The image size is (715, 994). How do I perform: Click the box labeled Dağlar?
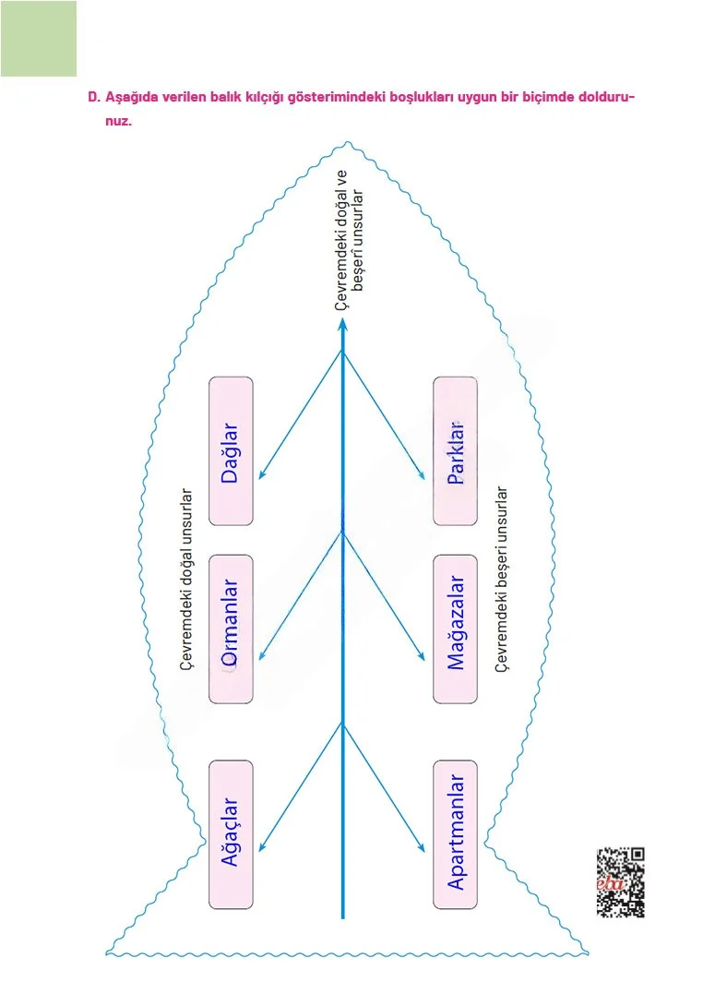231,451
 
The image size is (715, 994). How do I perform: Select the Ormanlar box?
231,629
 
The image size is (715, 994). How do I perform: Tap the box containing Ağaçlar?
231,834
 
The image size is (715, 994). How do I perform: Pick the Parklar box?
455,451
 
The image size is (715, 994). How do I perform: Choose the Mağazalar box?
455,629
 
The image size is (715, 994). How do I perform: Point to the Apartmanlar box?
455,834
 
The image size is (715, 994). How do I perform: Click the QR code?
621,882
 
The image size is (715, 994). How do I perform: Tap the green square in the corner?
39,39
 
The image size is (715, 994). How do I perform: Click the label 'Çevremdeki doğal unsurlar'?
186,578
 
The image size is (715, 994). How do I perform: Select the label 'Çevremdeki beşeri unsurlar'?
501,578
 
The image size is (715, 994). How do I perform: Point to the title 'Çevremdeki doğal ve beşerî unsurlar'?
350,240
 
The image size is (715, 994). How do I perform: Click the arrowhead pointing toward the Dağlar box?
261,474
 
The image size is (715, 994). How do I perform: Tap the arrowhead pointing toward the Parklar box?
422,474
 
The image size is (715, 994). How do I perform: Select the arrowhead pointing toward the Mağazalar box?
422,657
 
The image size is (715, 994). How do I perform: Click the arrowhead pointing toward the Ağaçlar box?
261,846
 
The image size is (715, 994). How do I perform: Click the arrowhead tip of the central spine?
342,318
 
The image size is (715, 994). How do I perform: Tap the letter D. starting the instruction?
94,98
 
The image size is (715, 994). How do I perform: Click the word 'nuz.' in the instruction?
118,121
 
